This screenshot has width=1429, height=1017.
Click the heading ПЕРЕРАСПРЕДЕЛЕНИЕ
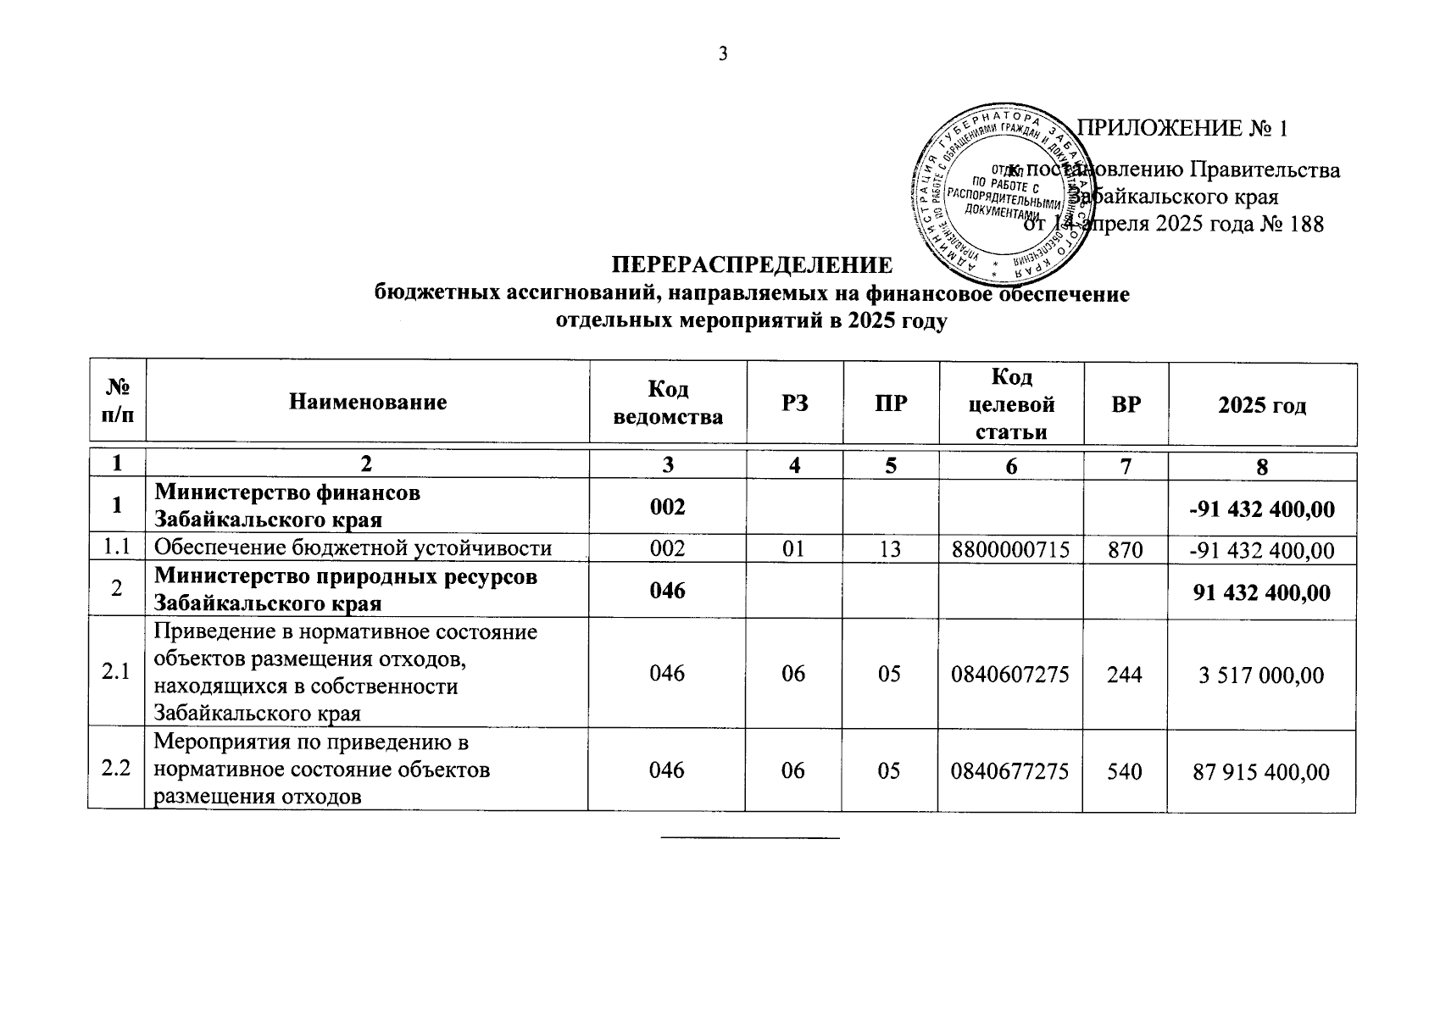pyautogui.click(x=753, y=265)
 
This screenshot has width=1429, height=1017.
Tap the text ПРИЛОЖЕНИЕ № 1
pyautogui.click(x=1182, y=129)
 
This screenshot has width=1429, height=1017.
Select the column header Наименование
pyautogui.click(x=368, y=402)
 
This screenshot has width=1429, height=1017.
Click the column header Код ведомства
pyautogui.click(x=668, y=402)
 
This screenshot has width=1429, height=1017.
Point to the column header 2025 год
pyautogui.click(x=1262, y=405)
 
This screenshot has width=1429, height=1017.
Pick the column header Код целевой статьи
pyautogui.click(x=1011, y=403)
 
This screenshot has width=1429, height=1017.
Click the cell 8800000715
pyautogui.click(x=1010, y=549)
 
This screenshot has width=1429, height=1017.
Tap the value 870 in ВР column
pyautogui.click(x=1126, y=549)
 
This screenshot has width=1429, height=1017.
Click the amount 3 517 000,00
pyautogui.click(x=1261, y=675)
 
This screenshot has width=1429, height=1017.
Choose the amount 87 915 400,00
pyautogui.click(x=1261, y=771)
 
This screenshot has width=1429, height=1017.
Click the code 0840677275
pyautogui.click(x=1010, y=770)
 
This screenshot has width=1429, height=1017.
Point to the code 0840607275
pyautogui.click(x=1010, y=674)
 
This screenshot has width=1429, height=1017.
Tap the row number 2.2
pyautogui.click(x=116, y=770)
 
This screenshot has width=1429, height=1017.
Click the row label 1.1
pyautogui.click(x=116, y=547)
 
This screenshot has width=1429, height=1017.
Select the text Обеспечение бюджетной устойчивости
pyautogui.click(x=353, y=548)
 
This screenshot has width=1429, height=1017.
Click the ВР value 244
pyautogui.click(x=1126, y=674)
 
